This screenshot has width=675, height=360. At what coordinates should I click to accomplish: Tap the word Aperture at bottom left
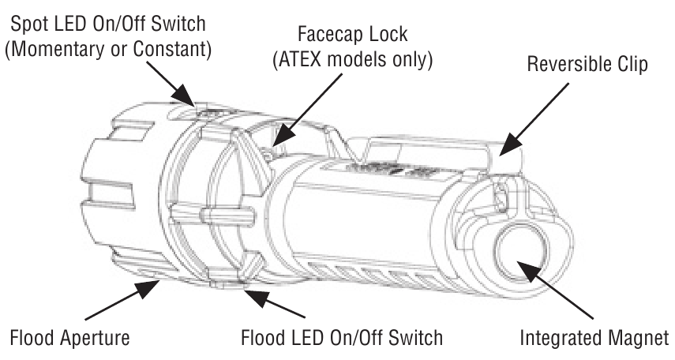pos(92,338)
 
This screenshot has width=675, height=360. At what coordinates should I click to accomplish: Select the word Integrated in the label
pos(557,338)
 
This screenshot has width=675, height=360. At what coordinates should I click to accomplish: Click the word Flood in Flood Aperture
pos(28,338)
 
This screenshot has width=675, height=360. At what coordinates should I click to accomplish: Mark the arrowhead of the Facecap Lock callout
pos(276,142)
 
